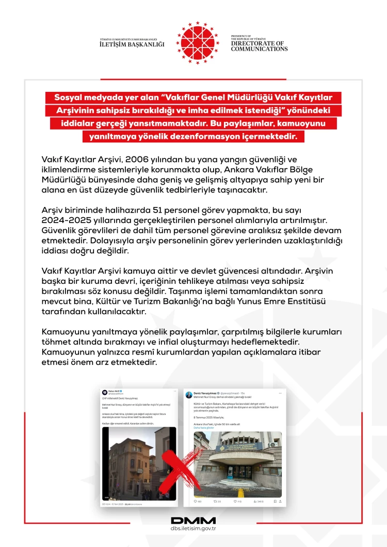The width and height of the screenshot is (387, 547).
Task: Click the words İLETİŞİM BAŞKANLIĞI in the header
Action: point(132,45)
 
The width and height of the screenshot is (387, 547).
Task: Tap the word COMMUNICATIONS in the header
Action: point(260,49)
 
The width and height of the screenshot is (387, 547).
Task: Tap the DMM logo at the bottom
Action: point(193,520)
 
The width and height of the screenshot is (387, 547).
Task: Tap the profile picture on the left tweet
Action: point(105,393)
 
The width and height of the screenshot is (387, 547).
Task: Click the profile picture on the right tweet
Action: point(190,394)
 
